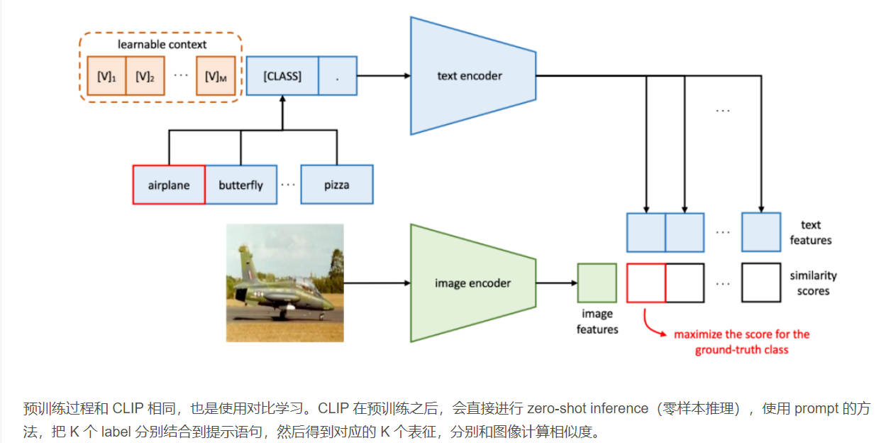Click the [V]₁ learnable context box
pyautogui.click(x=106, y=75)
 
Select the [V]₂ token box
pyautogui.click(x=145, y=75)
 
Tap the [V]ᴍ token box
pyautogui.click(x=215, y=75)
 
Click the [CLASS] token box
pyautogui.click(x=282, y=75)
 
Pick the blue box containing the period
pyautogui.click(x=338, y=75)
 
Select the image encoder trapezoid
pyautogui.click(x=472, y=283)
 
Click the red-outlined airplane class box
pyautogui.click(x=169, y=185)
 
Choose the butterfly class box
pyautogui.click(x=241, y=185)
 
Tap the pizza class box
pyautogui.click(x=337, y=185)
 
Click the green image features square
pyautogui.click(x=597, y=283)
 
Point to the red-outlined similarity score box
pyautogui.click(x=646, y=283)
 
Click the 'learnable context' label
pyautogui.click(x=162, y=44)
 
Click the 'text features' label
pyautogui.click(x=811, y=232)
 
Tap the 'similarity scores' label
pyautogui.click(x=813, y=283)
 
